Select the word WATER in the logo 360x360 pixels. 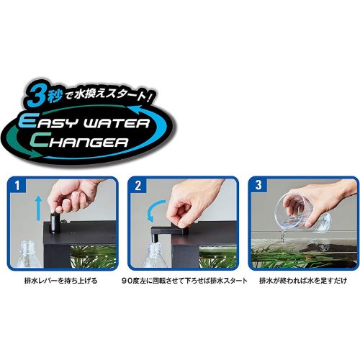coord(116,123)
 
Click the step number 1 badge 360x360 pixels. coord(17,186)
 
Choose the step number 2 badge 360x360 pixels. coord(138,186)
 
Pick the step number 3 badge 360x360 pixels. coord(258,185)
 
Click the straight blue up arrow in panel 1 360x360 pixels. coord(37,208)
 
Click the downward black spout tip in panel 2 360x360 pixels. coord(154,239)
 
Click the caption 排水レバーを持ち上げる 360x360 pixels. coord(61,280)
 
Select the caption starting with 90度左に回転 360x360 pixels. coord(184,280)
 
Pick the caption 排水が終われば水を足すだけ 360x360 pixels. coord(303,280)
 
